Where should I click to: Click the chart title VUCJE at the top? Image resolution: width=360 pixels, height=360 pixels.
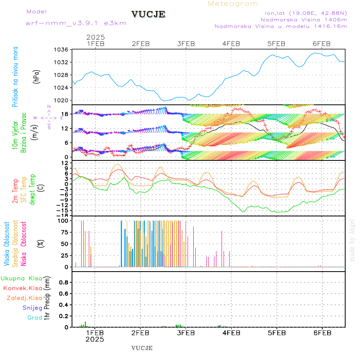tap(148, 14)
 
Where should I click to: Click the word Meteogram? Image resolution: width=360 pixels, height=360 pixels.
tap(233, 4)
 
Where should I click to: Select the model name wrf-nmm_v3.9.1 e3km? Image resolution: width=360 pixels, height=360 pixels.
tap(76, 23)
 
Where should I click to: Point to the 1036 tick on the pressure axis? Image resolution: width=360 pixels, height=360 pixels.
tap(62, 50)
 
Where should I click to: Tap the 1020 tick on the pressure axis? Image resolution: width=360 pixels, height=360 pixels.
tap(62, 100)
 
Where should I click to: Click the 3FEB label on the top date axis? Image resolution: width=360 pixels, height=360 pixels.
tap(186, 44)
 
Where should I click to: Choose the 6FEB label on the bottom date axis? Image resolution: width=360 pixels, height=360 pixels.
tap(322, 333)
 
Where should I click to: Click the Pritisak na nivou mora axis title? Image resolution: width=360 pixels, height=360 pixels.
tap(15, 77)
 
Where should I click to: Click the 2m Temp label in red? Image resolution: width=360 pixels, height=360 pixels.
tap(15, 191)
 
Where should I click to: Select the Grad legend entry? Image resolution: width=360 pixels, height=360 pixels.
tap(35, 318)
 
